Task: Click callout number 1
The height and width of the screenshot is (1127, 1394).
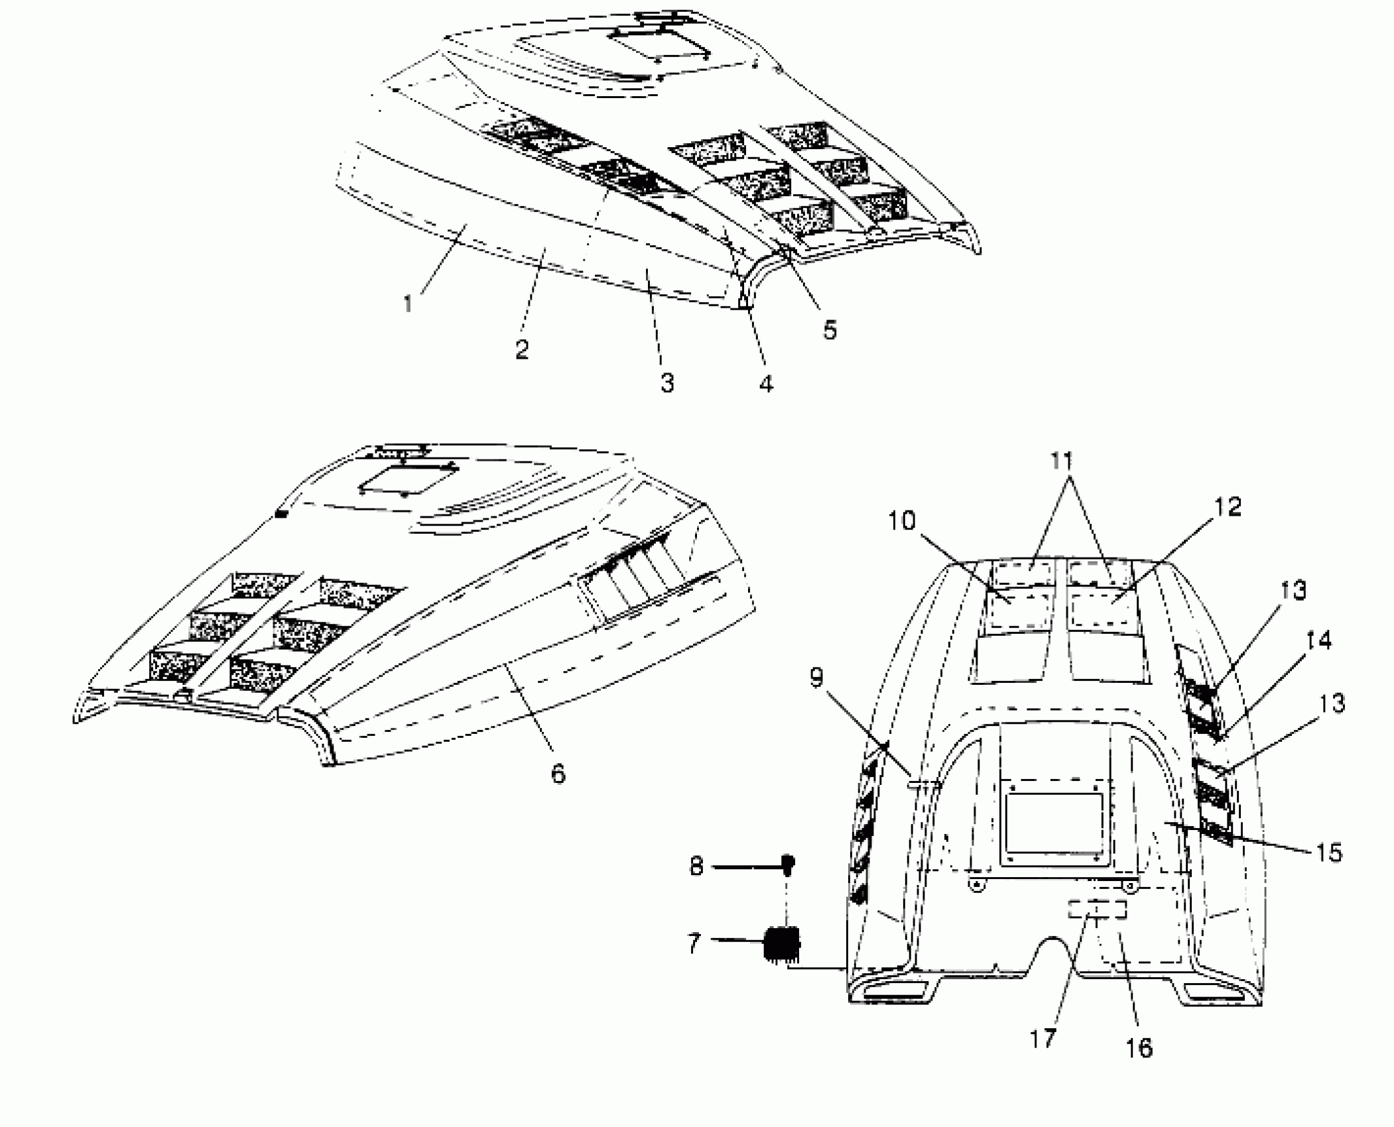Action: coord(408,304)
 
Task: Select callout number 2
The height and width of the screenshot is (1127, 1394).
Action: coord(522,349)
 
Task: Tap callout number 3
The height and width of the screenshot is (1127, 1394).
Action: coord(667,383)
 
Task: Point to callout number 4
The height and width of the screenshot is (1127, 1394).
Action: coord(766,383)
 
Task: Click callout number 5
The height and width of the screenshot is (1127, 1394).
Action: coord(830,329)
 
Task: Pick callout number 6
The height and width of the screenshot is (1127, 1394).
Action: coord(558,773)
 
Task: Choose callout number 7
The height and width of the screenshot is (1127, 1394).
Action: coord(694,943)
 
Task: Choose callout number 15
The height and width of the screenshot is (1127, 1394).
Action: coord(1328,853)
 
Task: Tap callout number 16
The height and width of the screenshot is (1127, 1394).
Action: coord(1139,1048)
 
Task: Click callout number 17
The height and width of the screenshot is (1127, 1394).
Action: coord(1043,1038)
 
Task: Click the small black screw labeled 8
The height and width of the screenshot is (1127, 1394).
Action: coord(789,862)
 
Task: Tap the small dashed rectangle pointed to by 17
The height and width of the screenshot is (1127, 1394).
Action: coord(1097,910)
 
